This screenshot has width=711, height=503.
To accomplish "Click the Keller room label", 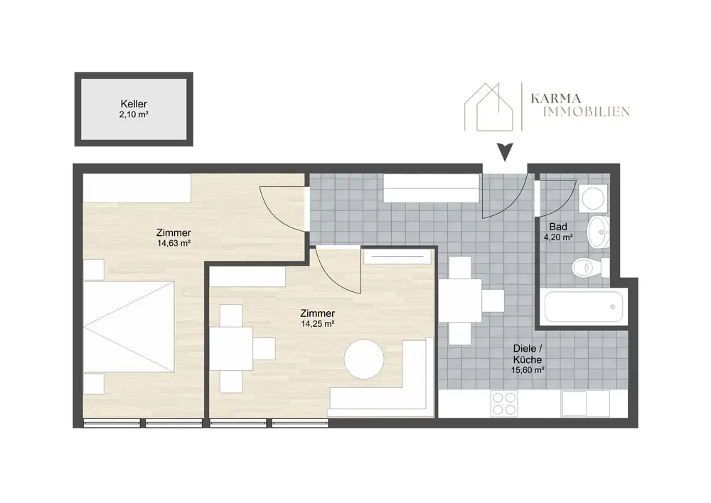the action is (x=134, y=104).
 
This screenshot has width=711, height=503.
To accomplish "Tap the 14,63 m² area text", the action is (x=173, y=243).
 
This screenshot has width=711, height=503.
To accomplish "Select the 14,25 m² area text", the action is (x=318, y=323).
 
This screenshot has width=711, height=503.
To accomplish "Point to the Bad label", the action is (x=558, y=227).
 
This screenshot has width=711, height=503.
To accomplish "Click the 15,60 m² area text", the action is (x=528, y=369).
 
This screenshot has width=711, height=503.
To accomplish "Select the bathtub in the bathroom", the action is (x=584, y=306).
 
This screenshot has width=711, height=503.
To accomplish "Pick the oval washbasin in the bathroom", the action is (x=599, y=232).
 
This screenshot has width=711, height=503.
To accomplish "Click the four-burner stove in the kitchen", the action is (x=504, y=404).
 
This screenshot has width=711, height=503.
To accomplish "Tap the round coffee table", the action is (x=363, y=359).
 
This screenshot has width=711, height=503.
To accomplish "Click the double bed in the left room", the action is (x=129, y=327).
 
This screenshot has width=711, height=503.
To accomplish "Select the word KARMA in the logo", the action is (x=555, y=98).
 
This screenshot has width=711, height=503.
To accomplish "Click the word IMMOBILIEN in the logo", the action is (x=587, y=112).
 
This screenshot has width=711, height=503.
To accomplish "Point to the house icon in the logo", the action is (x=488, y=107).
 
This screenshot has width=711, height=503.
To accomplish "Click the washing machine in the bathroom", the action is (x=594, y=198).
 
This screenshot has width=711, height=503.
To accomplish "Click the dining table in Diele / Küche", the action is (x=461, y=300).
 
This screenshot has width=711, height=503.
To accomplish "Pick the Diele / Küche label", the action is (x=528, y=354).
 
